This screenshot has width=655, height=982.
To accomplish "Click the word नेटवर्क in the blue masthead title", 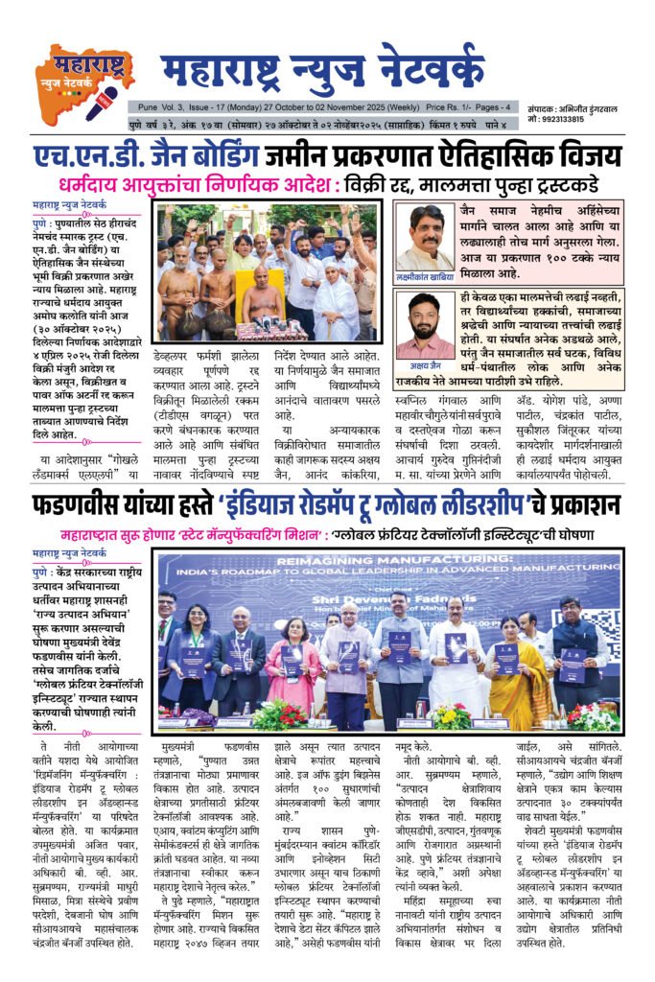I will pos(423,72).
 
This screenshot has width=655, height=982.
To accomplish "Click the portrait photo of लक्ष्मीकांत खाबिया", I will pos(424,237).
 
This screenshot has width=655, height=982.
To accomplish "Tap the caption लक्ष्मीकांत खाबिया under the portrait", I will pos(424,277).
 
